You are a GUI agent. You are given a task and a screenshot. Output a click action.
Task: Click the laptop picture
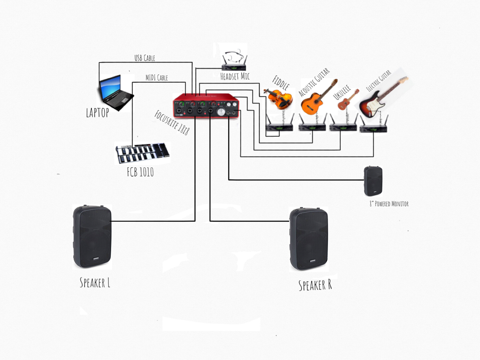tap(116, 93)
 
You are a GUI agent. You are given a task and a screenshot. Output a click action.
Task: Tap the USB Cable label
tap(144, 58)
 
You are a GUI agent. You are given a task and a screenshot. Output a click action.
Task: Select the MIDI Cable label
tap(156, 78)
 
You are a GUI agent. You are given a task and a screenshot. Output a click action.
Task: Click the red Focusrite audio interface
tap(206, 106)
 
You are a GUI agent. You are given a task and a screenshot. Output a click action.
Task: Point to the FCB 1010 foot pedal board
tap(142, 154)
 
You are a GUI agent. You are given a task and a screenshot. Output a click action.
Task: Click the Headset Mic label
tap(235, 76)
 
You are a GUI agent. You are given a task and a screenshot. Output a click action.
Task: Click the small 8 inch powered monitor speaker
tap(373, 181)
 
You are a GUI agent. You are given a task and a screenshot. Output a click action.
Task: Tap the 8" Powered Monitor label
tap(389, 204)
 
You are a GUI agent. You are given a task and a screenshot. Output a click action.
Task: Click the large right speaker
tap(308, 239)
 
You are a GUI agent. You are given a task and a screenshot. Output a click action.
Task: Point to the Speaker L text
tap(95, 283)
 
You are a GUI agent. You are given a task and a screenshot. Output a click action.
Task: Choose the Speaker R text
tap(315, 285)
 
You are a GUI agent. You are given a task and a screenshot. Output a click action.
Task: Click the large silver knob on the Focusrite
tap(221, 112)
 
